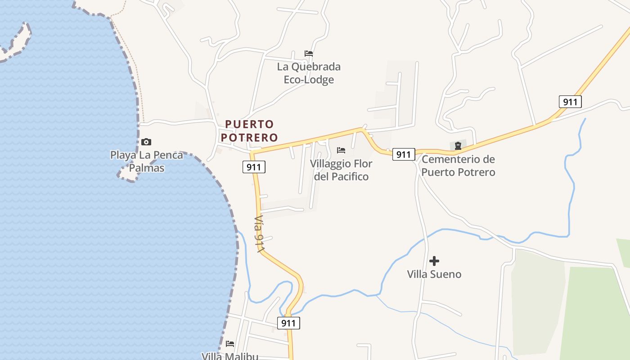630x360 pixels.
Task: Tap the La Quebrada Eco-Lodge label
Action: (x=309, y=73)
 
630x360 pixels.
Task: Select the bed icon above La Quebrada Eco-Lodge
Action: (x=309, y=53)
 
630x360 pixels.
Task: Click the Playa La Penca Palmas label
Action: (x=147, y=162)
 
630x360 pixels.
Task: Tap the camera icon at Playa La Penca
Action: (x=146, y=142)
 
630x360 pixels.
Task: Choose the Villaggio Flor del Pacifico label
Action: (x=341, y=170)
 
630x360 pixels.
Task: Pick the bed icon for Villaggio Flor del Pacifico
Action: (x=341, y=150)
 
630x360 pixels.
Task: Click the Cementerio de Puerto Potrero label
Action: (x=458, y=166)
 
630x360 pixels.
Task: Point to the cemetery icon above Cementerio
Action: (x=458, y=145)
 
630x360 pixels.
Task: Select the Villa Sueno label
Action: (x=434, y=274)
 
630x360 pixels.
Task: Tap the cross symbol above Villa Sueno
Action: (x=434, y=261)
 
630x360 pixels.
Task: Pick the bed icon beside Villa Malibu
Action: (x=230, y=344)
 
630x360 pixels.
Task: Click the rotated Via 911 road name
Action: (x=259, y=234)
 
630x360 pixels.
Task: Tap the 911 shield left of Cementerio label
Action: (x=403, y=154)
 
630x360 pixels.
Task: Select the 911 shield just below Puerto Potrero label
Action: (x=254, y=167)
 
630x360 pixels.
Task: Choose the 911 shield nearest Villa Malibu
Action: (x=288, y=323)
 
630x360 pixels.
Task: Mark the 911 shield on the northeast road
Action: (x=570, y=102)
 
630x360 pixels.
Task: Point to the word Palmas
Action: (x=147, y=168)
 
